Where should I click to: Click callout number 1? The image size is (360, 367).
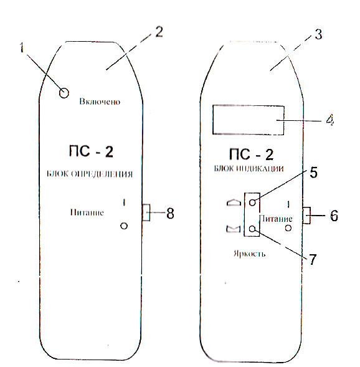[x=22, y=48]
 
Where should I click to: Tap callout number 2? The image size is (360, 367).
[x=159, y=32]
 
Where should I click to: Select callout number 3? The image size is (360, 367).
[x=318, y=34]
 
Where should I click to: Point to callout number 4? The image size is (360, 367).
[x=330, y=120]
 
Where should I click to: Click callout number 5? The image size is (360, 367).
[x=313, y=173]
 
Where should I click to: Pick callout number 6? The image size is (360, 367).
[x=334, y=216]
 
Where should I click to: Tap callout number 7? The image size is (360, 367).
[x=313, y=259]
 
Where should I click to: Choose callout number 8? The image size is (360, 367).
[x=170, y=213]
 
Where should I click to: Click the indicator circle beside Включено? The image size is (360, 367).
[x=64, y=93]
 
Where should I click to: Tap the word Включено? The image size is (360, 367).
[x=100, y=102]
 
